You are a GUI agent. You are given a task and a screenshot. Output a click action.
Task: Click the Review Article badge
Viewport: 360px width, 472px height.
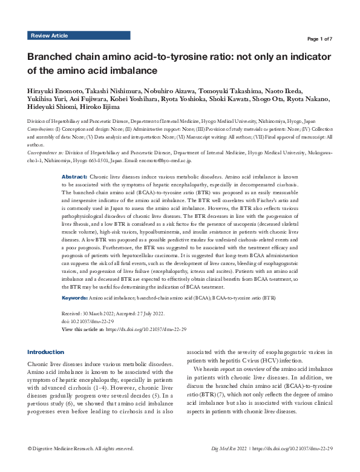coord(49,36)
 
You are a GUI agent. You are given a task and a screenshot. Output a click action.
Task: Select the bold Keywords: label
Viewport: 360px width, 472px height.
coord(75,298)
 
